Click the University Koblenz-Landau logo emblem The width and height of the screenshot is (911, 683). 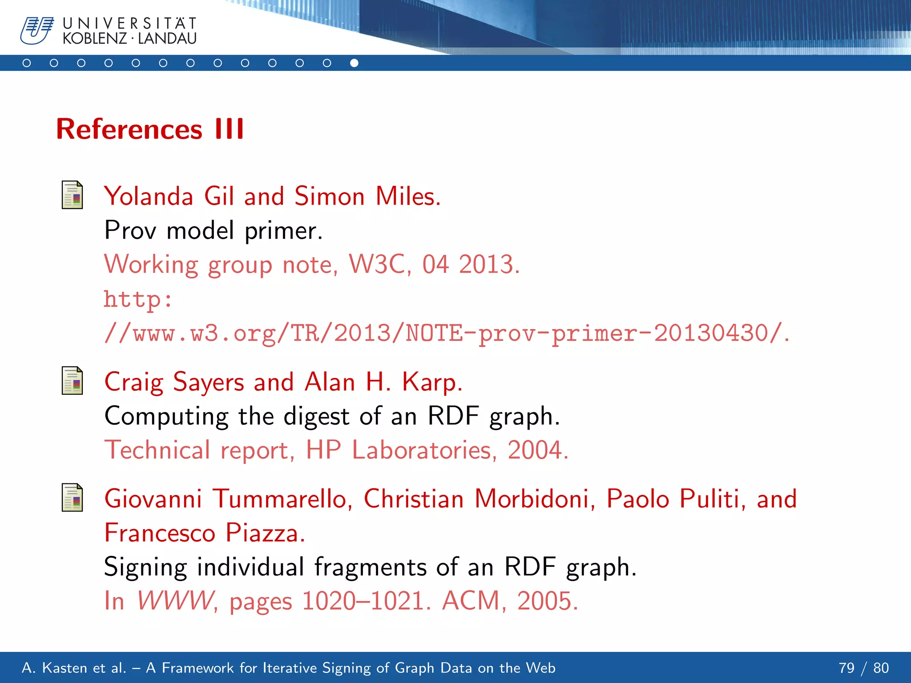(x=36, y=31)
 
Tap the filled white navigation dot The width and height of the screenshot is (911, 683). (x=354, y=63)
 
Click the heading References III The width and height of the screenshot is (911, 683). (x=150, y=129)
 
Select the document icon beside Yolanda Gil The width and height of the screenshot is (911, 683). (x=72, y=195)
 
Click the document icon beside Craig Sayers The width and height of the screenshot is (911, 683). (x=72, y=381)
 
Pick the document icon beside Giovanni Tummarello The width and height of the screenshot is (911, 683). (x=72, y=498)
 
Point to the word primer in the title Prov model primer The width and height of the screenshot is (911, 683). (x=283, y=231)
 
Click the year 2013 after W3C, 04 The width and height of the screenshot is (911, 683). (x=488, y=265)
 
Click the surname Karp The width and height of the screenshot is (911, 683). (x=432, y=382)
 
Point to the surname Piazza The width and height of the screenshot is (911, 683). (x=265, y=533)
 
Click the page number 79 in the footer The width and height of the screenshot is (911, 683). (x=847, y=668)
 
